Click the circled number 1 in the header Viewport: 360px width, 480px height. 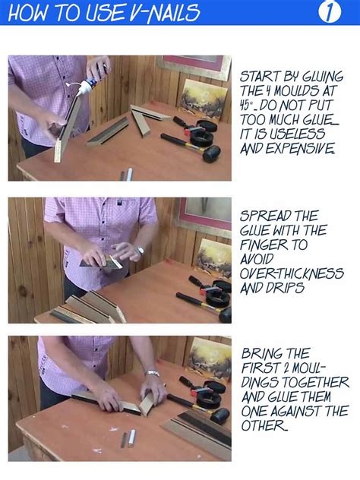(x=330, y=13)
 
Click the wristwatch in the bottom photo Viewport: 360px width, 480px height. (x=152, y=373)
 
